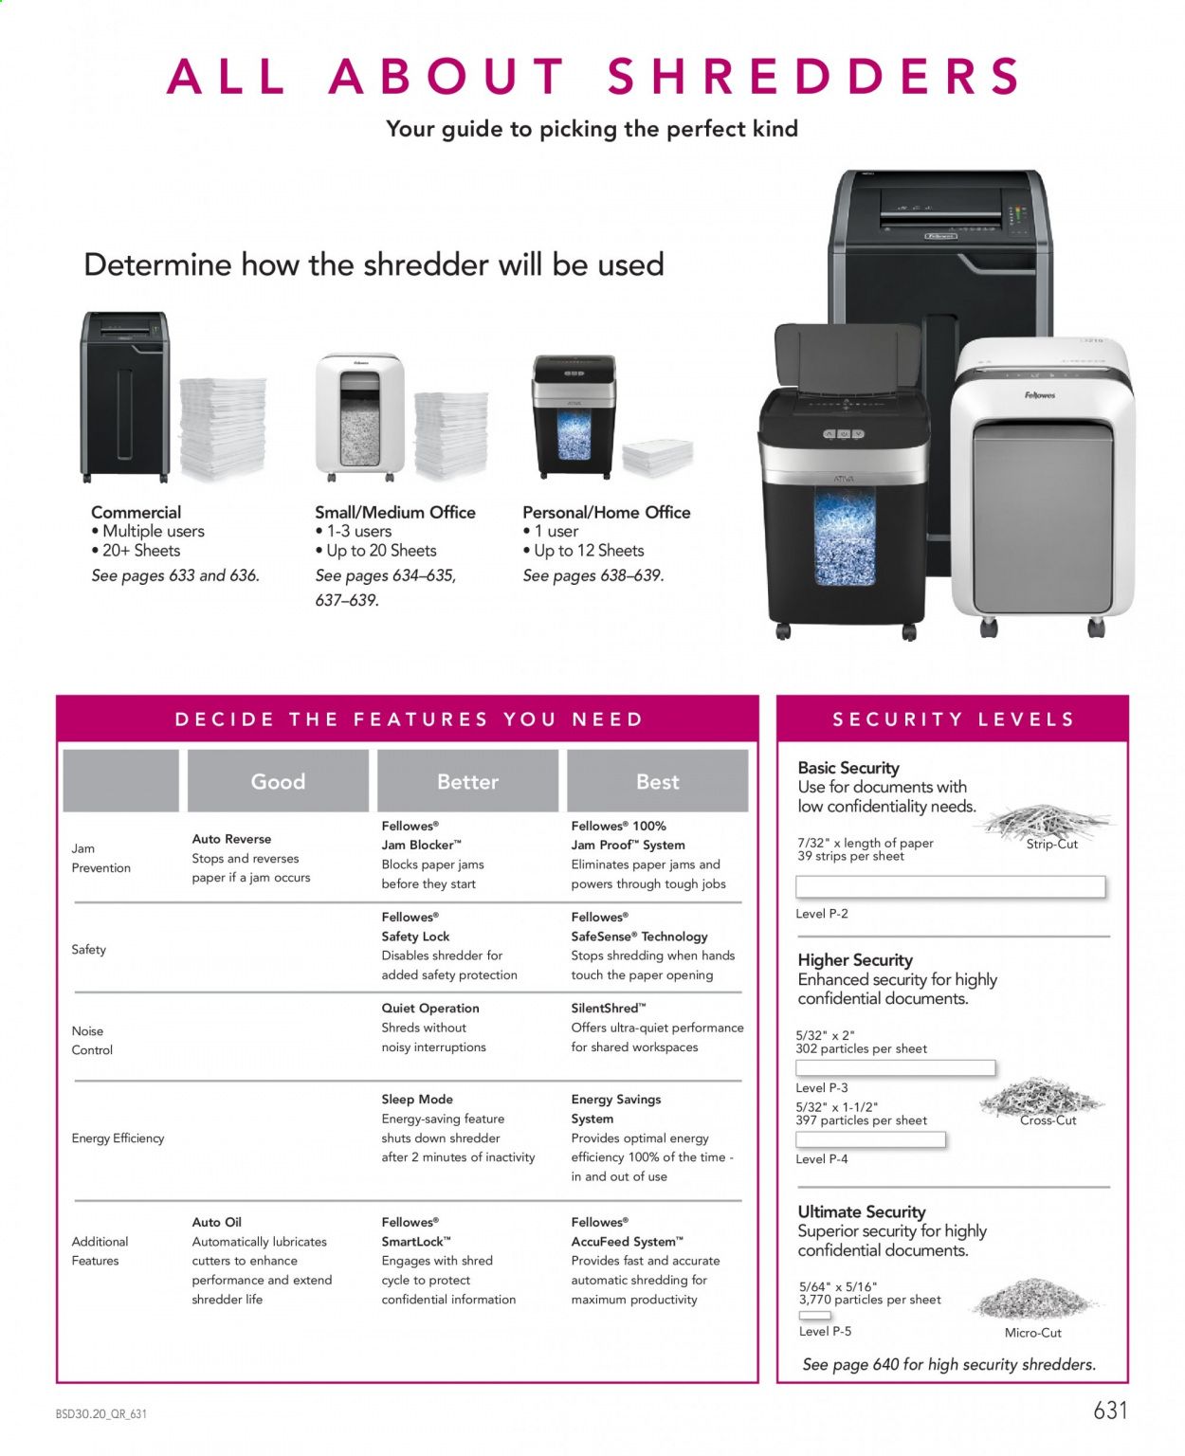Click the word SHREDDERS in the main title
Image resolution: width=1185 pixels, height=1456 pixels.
[814, 77]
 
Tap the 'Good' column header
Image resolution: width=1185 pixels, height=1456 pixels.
[278, 781]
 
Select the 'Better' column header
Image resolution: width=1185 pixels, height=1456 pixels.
[467, 781]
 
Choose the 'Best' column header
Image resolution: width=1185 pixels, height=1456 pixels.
[657, 781]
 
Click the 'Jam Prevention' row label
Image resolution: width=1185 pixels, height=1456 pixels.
[100, 858]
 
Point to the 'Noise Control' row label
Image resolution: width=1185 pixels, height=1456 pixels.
[92, 1040]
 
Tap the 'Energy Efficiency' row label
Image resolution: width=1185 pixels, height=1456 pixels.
[118, 1137]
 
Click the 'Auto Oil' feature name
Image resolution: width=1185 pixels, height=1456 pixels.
[216, 1222]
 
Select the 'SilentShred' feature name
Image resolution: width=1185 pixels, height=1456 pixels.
[608, 1008]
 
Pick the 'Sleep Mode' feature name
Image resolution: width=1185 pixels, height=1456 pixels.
[417, 1099]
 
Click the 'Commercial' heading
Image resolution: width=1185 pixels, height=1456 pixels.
[136, 512]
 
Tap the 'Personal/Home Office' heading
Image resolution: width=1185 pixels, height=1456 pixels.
[606, 512]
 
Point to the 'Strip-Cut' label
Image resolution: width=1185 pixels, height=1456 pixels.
[1051, 844]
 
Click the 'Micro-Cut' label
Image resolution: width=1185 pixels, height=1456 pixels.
[1032, 1332]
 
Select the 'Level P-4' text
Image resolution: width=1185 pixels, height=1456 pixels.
[821, 1158]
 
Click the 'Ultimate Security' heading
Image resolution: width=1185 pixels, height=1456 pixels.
[861, 1211]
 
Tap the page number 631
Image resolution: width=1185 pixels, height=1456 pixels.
[1110, 1410]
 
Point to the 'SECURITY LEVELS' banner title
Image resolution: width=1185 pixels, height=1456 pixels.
[953, 719]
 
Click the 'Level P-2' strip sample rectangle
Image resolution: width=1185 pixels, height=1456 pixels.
[950, 886]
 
